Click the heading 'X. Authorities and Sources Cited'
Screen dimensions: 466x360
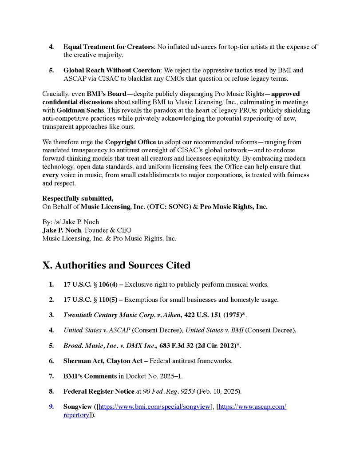(116, 265)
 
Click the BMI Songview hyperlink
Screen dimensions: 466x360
(155, 407)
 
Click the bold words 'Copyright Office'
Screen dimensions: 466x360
(131, 142)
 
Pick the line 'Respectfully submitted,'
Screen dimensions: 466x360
(78, 198)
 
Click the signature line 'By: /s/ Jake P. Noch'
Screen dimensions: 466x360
(71, 222)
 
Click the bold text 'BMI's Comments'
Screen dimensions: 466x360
(90, 376)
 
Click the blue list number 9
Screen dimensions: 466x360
(51, 407)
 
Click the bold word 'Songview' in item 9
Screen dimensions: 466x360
(78, 407)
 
